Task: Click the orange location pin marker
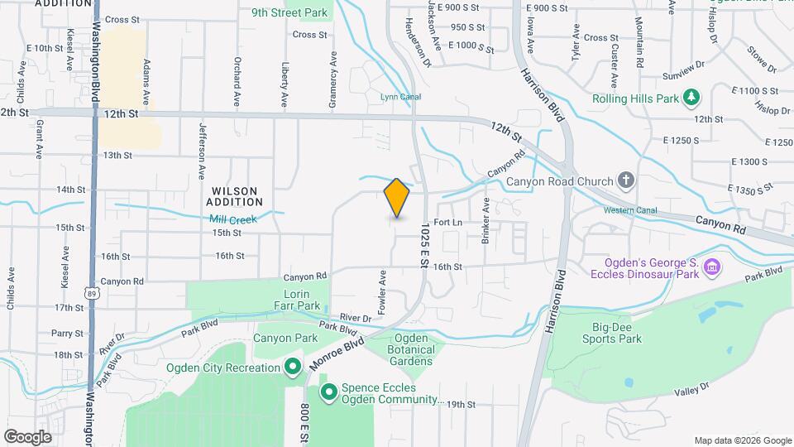397,198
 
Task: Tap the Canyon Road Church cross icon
627,180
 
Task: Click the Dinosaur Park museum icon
712,267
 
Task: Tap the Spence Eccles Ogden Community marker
328,392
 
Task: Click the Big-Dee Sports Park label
617,333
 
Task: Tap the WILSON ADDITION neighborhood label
234,196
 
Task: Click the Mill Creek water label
233,219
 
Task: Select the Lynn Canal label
400,97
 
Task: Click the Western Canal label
630,210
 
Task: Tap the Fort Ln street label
447,223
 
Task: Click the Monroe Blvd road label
337,352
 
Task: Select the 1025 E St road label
423,244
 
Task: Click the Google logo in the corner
27,437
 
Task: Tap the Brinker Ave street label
485,222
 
